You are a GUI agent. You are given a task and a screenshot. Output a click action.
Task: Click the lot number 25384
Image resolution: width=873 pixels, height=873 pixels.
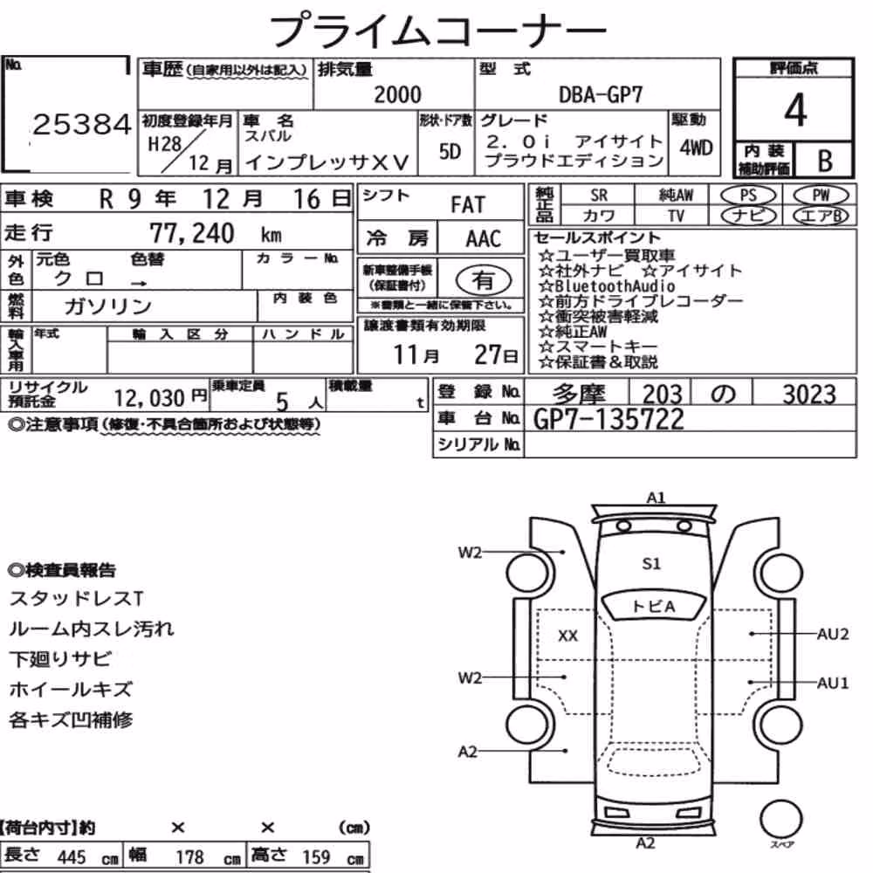point(82,124)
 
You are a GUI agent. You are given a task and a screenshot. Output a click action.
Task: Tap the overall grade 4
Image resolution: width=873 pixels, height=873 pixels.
point(795,110)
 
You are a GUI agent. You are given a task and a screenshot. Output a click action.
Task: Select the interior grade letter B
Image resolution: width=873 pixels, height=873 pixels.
point(825,161)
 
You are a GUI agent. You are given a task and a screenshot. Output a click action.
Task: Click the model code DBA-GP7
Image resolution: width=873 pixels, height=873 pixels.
point(601,94)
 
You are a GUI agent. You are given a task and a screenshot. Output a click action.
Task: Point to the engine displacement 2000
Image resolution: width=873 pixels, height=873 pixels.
point(397,94)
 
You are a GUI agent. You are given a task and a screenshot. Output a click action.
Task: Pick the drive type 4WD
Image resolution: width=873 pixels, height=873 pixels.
point(696,148)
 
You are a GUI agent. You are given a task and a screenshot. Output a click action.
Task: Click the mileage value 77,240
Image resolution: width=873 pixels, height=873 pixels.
point(192,233)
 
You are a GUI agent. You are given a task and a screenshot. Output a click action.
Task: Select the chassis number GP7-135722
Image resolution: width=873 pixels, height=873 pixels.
point(608,419)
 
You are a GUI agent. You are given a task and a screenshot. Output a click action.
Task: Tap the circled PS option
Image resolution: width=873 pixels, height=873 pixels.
point(748,195)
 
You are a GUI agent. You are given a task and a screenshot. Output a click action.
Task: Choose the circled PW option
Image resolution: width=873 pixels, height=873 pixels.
point(821,195)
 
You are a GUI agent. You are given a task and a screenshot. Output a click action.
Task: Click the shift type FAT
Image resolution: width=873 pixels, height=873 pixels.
point(468,204)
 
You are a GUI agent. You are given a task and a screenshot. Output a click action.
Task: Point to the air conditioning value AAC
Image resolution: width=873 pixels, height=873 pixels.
point(484,238)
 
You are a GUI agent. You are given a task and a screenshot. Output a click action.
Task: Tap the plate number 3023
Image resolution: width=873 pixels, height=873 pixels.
point(809,395)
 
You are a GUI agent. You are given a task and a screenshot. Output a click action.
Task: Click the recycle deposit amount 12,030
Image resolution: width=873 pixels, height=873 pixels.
point(149,398)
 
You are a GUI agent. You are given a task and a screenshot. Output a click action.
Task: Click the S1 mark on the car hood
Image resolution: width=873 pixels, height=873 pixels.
point(651,563)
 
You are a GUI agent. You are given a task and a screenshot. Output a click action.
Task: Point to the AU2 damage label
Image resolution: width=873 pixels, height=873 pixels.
point(832,634)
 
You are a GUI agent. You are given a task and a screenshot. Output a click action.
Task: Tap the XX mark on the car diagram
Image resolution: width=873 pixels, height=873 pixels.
point(568,636)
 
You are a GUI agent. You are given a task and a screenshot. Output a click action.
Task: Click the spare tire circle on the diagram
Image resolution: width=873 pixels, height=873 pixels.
point(780,819)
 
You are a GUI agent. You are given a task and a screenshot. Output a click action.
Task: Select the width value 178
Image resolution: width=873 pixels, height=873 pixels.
point(189,856)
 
